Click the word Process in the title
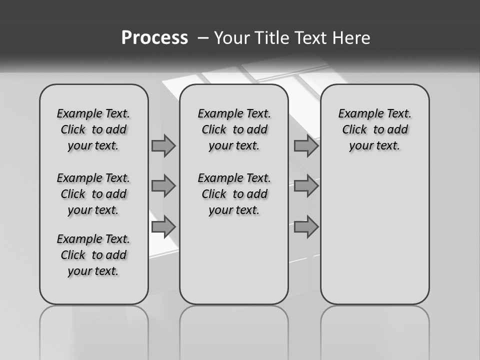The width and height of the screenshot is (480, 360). coord(154,38)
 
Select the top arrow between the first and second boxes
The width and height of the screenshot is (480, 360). coord(163,146)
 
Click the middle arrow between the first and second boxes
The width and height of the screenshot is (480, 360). coord(163,186)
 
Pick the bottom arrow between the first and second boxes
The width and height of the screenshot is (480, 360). coord(163,226)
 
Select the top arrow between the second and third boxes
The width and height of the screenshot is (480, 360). coord(306,146)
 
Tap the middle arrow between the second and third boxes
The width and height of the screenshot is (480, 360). coord(306,186)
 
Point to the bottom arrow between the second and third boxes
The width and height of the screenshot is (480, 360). coord(306,226)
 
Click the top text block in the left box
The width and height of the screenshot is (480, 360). coord(93,129)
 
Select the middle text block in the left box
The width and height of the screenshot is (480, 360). coord(93,194)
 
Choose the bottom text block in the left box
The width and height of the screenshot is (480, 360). coord(93,255)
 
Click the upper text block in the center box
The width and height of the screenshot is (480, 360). coord(234,129)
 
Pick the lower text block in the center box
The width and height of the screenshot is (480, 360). coord(234,194)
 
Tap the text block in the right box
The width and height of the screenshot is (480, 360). coord(375,129)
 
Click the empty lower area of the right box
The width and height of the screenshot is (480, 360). coord(375,235)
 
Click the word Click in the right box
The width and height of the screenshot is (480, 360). coord(354,130)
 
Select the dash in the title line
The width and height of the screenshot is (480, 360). coord(203,38)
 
